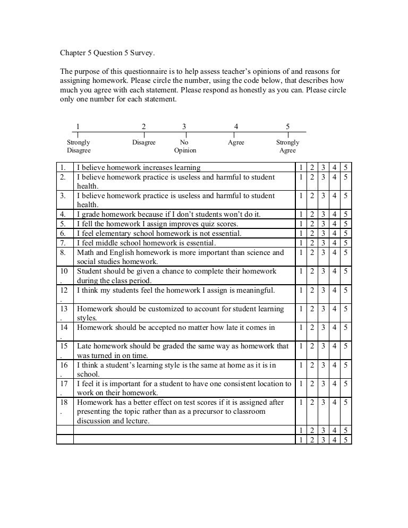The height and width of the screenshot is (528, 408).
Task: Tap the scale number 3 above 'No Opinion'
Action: pos(184,126)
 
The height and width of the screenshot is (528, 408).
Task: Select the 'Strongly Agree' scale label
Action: pos(287,147)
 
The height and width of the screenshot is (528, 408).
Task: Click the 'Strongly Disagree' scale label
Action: pos(79,147)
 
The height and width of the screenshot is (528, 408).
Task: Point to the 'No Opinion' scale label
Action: pos(184,147)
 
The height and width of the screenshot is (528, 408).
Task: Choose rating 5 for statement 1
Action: pos(346,168)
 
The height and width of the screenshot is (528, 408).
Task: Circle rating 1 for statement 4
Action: pos(301,215)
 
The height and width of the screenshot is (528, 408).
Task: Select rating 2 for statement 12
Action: pos(312,291)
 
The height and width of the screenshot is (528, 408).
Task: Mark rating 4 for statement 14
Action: pos(335,328)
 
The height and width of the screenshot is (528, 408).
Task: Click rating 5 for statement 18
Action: pos(346,403)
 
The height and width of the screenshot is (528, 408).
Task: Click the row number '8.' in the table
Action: pos(63,253)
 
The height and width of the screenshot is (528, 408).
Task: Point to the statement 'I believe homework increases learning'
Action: pos(138,168)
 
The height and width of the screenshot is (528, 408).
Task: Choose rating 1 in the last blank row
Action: pos(301,440)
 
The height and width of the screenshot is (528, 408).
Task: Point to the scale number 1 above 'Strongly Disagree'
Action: pos(78,126)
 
